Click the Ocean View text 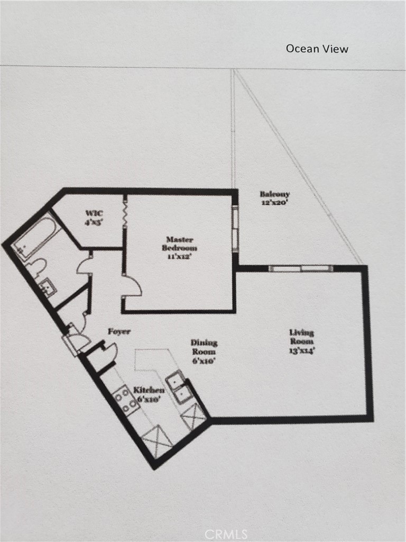point(317,49)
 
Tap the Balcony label point(275,194)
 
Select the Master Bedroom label point(179,243)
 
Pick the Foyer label point(119,332)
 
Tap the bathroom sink point(48,286)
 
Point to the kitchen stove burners point(125,400)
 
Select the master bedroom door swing point(132,286)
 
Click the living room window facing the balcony point(301,268)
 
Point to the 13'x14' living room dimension point(301,350)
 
